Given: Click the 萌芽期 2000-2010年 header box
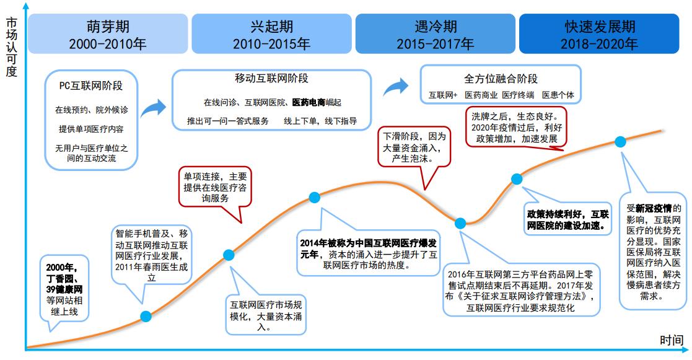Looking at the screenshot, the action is [x=108, y=34].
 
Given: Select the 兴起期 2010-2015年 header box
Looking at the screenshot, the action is [x=271, y=34].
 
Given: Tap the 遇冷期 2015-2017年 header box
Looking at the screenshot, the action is [x=435, y=34].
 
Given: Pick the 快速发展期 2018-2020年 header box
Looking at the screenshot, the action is [x=599, y=34].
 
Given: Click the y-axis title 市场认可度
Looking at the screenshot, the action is [x=12, y=46].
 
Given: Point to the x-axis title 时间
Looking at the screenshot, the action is [x=672, y=340].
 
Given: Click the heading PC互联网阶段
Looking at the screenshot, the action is [x=91, y=86].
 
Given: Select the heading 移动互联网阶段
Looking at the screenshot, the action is [x=271, y=79].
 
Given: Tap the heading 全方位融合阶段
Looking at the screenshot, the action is [x=501, y=79].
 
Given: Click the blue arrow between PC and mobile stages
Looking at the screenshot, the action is [x=153, y=108].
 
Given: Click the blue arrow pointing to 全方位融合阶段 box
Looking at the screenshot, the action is [x=396, y=87].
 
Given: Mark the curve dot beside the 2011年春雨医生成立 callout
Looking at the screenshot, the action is [x=146, y=317].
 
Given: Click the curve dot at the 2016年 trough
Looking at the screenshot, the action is [x=460, y=223].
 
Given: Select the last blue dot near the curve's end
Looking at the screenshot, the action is [x=621, y=142].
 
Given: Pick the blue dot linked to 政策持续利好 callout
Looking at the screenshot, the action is [x=517, y=178].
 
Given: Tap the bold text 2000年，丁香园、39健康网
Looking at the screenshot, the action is [x=64, y=278].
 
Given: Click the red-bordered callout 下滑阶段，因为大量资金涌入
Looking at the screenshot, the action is [x=414, y=147].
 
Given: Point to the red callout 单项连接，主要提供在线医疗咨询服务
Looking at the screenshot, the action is [x=215, y=187].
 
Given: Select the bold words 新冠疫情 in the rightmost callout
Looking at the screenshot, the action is [x=654, y=209].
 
